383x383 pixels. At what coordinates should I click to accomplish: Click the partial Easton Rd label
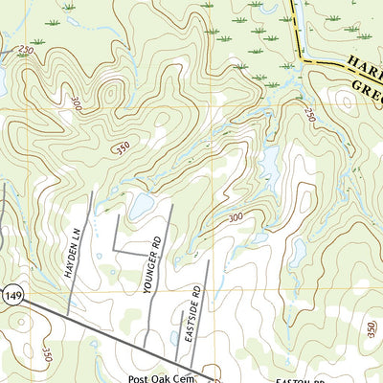[x=295, y=379]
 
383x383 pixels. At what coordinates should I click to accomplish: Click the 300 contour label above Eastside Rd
[x=236, y=219]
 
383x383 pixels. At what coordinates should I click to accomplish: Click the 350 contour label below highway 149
[x=44, y=354]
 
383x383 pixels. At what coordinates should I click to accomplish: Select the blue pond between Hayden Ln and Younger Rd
[x=141, y=204]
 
